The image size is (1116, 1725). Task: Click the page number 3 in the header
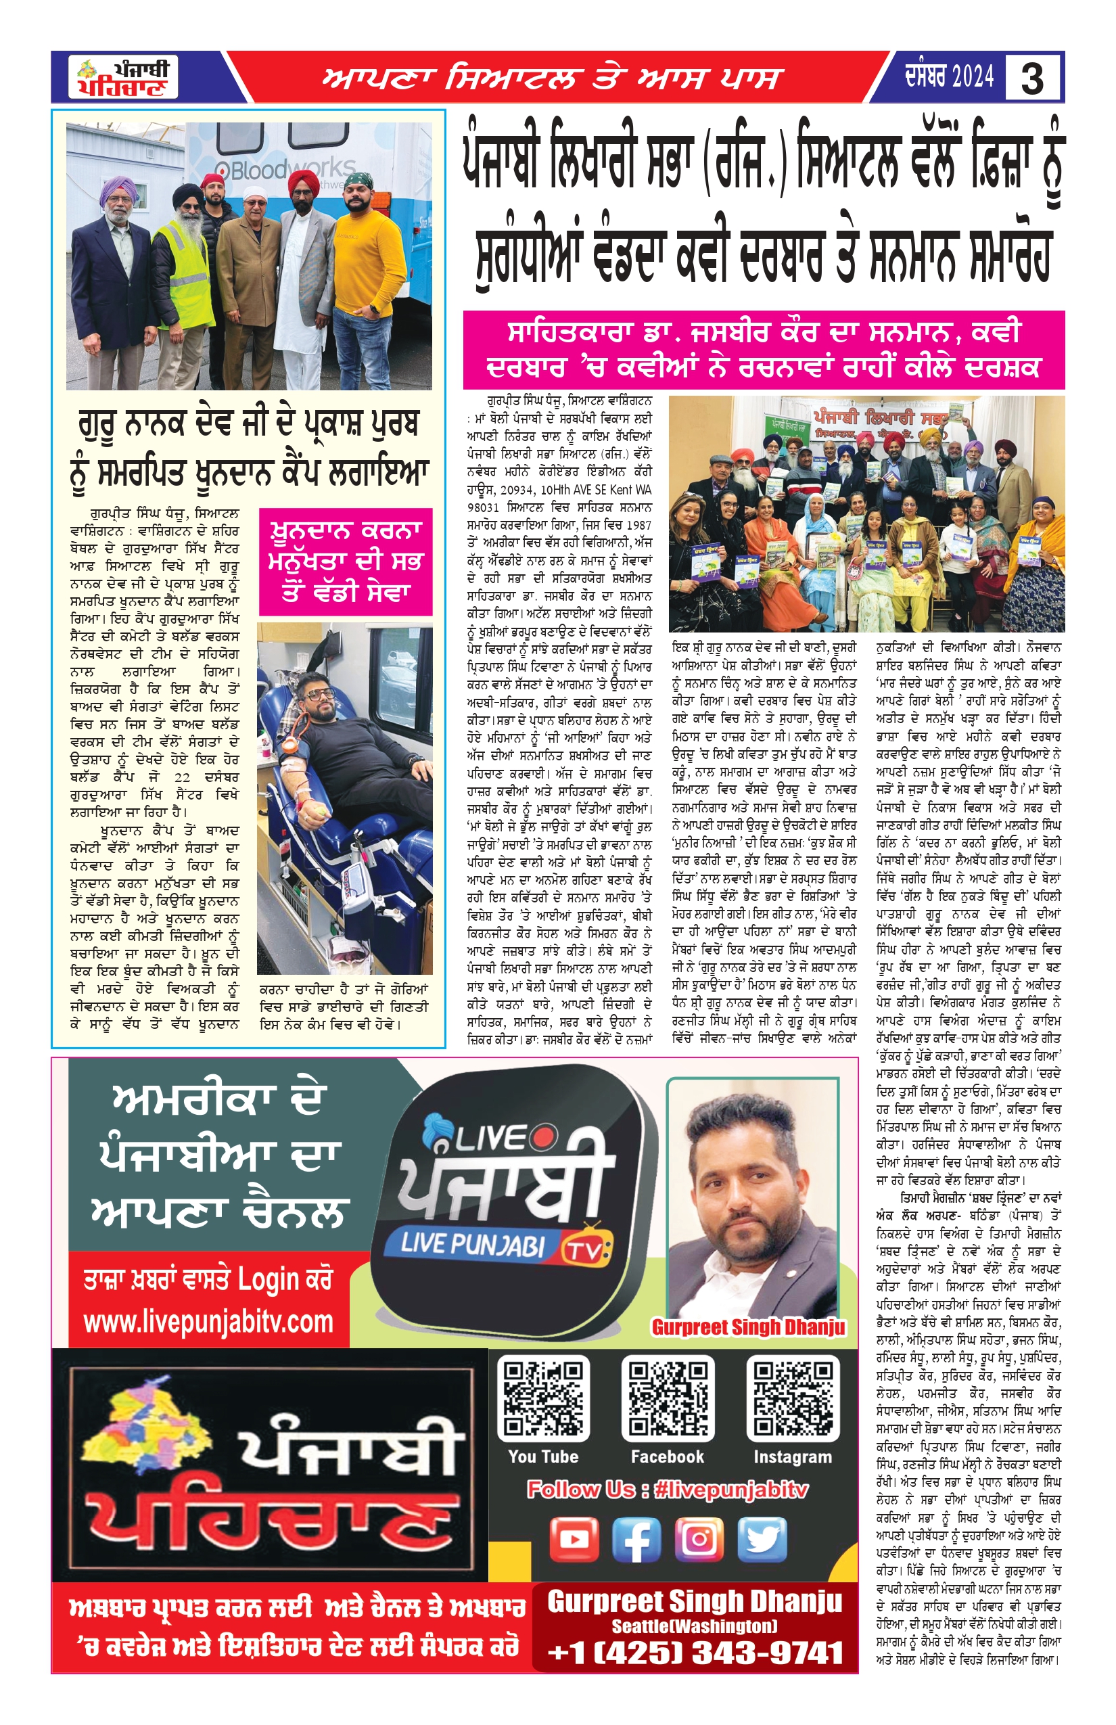[1032, 78]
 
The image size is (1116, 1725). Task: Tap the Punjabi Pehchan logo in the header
[123, 78]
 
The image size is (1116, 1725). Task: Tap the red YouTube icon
[574, 1539]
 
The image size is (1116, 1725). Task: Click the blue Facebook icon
[636, 1539]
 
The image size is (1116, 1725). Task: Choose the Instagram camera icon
[699, 1539]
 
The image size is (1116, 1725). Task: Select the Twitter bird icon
[762, 1539]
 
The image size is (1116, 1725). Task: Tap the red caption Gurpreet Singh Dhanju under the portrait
[748, 1327]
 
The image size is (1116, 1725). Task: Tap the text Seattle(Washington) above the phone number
[694, 1626]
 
